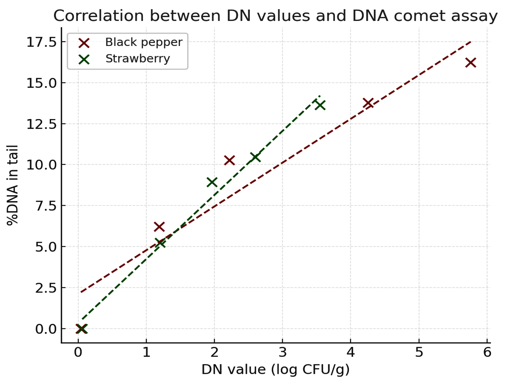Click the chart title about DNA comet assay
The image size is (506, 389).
point(275,16)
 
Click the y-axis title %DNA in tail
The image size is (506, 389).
point(13,185)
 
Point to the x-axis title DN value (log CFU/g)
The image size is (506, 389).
point(275,369)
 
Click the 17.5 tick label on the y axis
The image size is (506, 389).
point(41,42)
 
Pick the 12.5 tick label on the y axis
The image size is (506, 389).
point(41,124)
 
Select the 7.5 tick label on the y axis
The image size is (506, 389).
point(46,206)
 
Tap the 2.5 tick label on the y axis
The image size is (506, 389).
point(46,288)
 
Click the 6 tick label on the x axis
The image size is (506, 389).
point(487,353)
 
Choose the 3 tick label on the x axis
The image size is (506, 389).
point(282,353)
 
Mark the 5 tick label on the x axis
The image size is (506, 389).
point(419,353)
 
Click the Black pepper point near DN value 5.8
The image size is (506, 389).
point(471,62)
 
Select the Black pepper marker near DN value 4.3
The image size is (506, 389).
point(368,103)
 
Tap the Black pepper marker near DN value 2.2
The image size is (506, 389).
point(229,160)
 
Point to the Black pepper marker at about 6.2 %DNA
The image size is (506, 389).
point(159,227)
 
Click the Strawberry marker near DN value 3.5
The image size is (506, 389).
point(320,105)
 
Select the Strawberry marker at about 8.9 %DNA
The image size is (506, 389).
point(212,182)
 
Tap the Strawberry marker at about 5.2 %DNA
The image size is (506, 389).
point(160,243)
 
